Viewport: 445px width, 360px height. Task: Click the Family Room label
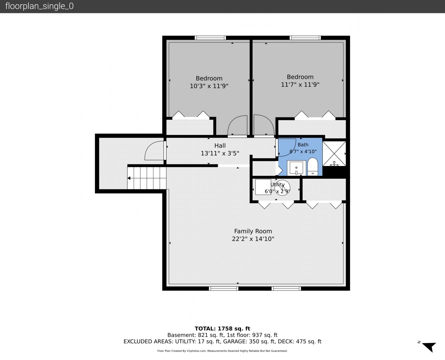point(253,231)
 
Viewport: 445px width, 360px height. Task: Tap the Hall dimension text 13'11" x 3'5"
point(220,153)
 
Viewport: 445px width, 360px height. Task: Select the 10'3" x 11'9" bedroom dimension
point(209,86)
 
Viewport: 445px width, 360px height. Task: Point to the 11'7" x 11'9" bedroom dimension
point(300,84)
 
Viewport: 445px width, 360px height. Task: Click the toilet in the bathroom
point(313,167)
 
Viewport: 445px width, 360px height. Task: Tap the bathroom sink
point(296,168)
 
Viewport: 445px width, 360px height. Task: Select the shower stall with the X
point(334,154)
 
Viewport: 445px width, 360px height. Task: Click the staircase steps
point(147,178)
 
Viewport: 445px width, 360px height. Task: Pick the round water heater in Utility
point(282,188)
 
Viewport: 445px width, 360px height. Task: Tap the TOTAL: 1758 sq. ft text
point(222,328)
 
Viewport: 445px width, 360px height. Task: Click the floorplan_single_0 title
point(39,6)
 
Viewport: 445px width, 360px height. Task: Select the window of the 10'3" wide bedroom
point(210,38)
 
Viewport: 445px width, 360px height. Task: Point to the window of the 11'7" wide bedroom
point(305,38)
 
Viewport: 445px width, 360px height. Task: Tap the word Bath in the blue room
point(303,145)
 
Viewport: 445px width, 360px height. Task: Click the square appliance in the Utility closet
point(263,187)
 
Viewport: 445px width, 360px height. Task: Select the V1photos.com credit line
point(222,351)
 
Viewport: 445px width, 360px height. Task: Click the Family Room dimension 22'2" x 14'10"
point(253,239)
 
